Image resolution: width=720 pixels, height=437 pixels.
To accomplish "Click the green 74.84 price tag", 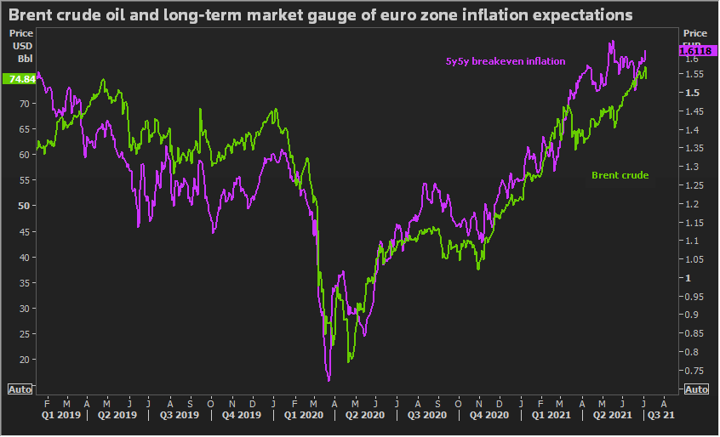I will point(19,79).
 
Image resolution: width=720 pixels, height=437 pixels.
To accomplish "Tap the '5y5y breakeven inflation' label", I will point(506,61).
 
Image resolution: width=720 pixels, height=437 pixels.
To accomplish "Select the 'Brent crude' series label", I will point(620,175).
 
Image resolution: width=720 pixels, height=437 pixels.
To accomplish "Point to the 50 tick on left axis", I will point(26,206).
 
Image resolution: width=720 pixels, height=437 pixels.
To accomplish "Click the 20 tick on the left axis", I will point(26,360).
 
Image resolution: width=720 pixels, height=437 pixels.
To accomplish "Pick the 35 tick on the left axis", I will point(26,282).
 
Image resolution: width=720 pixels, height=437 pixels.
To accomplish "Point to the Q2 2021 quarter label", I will point(612,416).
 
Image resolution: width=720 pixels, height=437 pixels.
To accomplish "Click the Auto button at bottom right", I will point(695,389).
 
